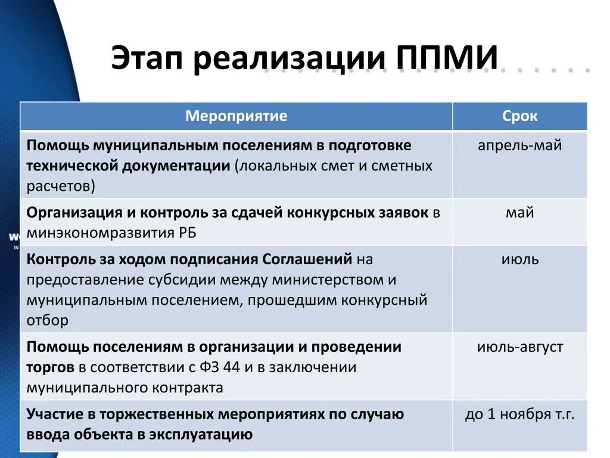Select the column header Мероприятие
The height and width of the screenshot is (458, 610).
point(236,116)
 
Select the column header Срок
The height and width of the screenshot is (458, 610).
point(519,116)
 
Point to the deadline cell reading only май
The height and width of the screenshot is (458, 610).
point(519,212)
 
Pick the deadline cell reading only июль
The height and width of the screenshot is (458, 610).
point(519,259)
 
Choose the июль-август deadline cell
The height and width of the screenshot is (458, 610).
point(519,347)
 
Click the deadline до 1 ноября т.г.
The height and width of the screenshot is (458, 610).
point(519,414)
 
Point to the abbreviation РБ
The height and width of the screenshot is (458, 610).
point(186,233)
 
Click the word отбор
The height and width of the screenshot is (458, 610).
point(48,320)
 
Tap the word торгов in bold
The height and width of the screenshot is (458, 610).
point(51,367)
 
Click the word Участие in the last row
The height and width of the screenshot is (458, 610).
point(54,414)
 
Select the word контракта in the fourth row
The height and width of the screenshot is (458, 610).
point(189,388)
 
